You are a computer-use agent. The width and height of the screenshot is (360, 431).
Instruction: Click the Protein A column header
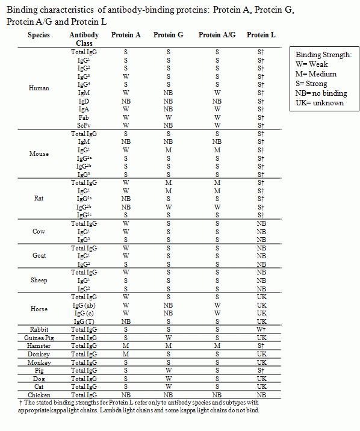[126, 35]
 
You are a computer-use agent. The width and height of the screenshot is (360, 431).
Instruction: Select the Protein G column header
[168, 35]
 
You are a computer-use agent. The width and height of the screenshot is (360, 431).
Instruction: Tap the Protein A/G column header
[217, 35]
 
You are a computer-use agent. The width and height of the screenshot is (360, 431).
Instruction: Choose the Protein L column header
[261, 35]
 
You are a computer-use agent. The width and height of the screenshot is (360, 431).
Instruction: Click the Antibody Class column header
[84, 39]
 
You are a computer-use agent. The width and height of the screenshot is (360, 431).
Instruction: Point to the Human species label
[39, 88]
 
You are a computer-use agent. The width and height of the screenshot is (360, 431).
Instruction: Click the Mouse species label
[39, 153]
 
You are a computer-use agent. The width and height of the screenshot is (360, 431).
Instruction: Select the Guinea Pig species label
[39, 338]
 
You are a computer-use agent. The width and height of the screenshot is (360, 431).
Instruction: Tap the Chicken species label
[39, 394]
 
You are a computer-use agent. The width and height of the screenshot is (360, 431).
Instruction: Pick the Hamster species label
[39, 346]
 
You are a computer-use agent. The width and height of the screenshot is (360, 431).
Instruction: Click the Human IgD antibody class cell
[84, 101]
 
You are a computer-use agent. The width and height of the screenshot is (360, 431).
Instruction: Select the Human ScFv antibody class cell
[84, 125]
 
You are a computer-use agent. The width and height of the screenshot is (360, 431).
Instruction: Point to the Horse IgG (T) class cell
[84, 321]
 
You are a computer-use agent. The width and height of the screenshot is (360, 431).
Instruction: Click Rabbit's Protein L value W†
[261, 330]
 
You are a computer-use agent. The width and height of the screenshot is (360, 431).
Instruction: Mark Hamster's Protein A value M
[126, 346]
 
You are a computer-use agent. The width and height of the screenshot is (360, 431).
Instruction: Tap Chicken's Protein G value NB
[168, 394]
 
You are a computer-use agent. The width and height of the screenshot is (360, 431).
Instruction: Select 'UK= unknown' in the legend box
[319, 103]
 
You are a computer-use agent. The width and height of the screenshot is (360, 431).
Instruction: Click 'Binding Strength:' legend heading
[323, 55]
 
